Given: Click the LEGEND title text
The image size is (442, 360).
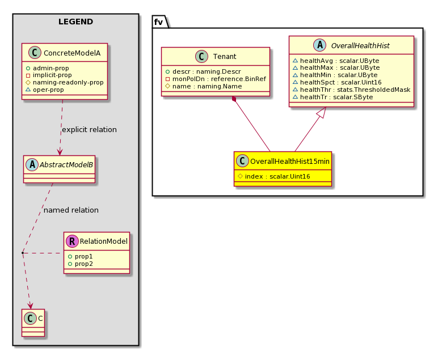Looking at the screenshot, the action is (75, 22).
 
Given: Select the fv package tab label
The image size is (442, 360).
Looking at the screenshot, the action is (158, 22).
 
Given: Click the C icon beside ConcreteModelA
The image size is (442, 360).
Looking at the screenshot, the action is (35, 53).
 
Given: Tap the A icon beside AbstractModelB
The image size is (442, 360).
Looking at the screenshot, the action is (32, 164).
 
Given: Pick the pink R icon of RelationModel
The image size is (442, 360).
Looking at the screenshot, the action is (72, 241).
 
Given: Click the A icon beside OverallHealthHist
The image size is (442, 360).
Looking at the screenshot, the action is (319, 45).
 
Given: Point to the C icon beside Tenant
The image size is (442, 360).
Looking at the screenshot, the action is (201, 56).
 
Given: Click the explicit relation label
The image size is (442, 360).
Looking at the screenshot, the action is (89, 130).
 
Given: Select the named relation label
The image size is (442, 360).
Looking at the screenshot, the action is (71, 210).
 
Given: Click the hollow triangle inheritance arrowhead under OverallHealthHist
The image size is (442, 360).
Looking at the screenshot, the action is (322, 112).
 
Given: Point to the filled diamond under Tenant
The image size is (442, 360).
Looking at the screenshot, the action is (234, 99).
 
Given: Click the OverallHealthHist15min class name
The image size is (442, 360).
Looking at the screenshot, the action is (290, 162).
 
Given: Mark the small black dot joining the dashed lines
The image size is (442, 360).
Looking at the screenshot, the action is (23, 253).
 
